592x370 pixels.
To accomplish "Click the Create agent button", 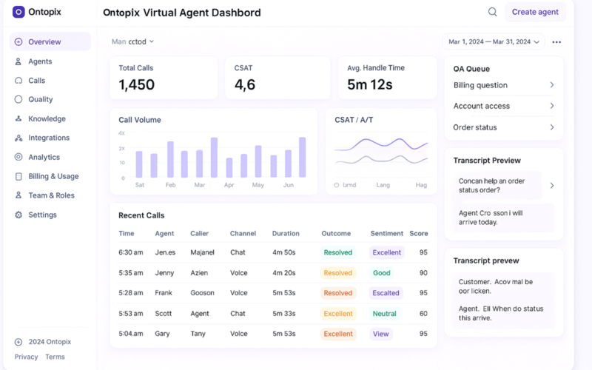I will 535,12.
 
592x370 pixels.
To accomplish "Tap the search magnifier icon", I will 492,12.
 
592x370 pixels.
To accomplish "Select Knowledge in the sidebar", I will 47,118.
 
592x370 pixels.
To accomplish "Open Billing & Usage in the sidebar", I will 53,176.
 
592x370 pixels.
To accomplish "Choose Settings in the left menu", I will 42,215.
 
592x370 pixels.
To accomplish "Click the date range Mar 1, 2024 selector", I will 493,41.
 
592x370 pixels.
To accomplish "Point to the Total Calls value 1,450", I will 137,85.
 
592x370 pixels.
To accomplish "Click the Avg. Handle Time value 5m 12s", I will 370,85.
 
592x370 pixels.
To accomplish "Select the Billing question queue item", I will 480,85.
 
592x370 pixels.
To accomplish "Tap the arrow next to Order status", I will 552,127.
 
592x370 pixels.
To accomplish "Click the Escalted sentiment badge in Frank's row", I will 386,293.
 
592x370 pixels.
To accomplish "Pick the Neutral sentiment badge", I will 384,314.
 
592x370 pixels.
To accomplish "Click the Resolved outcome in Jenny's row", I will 337,273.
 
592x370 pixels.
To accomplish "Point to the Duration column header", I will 286,234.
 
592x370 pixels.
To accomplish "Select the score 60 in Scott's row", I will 423,314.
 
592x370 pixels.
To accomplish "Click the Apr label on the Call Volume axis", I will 229,185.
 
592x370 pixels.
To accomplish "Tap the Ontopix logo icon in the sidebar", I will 18,12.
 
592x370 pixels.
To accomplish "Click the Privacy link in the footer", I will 26,357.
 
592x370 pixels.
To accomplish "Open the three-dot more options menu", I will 556,42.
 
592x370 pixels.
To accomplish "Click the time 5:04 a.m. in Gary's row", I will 131,334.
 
